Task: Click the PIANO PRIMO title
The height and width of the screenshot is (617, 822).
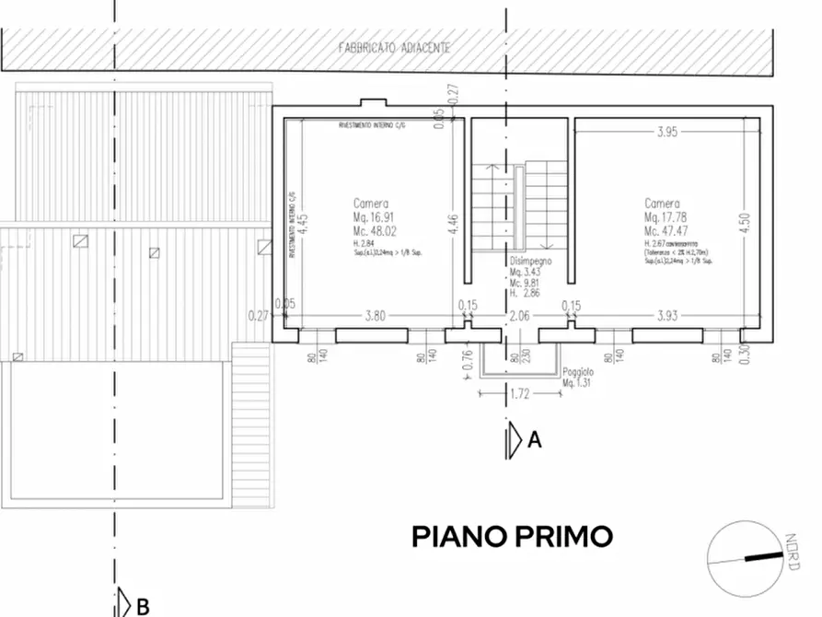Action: [511, 536]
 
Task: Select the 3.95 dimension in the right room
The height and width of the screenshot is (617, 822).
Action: [666, 132]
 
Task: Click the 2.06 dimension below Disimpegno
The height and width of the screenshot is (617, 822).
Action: [521, 316]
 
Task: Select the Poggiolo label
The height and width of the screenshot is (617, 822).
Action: [578, 372]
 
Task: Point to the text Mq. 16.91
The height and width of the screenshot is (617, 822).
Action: [372, 218]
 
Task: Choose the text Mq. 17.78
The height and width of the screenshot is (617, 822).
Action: [663, 218]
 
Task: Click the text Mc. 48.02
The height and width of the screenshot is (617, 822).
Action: [372, 231]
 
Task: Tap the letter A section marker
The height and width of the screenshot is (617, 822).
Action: [534, 440]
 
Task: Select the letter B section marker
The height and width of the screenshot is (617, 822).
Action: [143, 606]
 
